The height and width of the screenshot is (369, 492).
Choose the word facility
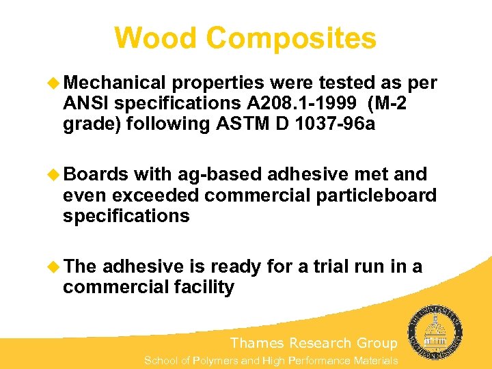click(x=201, y=287)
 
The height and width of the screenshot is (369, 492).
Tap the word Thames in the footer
click(x=257, y=343)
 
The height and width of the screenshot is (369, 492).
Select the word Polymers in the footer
click(x=214, y=360)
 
